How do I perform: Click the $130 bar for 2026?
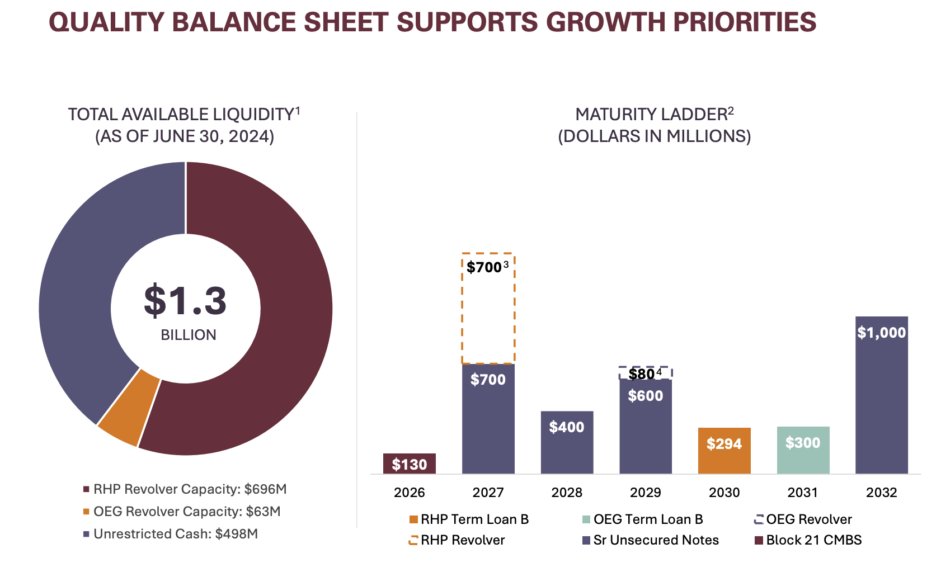click(x=409, y=464)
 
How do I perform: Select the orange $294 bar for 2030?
click(x=724, y=451)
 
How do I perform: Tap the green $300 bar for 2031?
click(x=803, y=450)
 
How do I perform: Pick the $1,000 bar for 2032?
click(x=881, y=395)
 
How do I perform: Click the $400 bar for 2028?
click(x=567, y=442)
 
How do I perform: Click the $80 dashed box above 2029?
click(x=645, y=373)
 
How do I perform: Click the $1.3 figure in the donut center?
click(x=185, y=301)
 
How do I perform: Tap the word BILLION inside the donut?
click(x=189, y=335)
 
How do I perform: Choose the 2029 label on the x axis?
click(x=645, y=493)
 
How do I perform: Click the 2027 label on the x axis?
click(x=488, y=493)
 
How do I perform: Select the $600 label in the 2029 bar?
click(x=645, y=396)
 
